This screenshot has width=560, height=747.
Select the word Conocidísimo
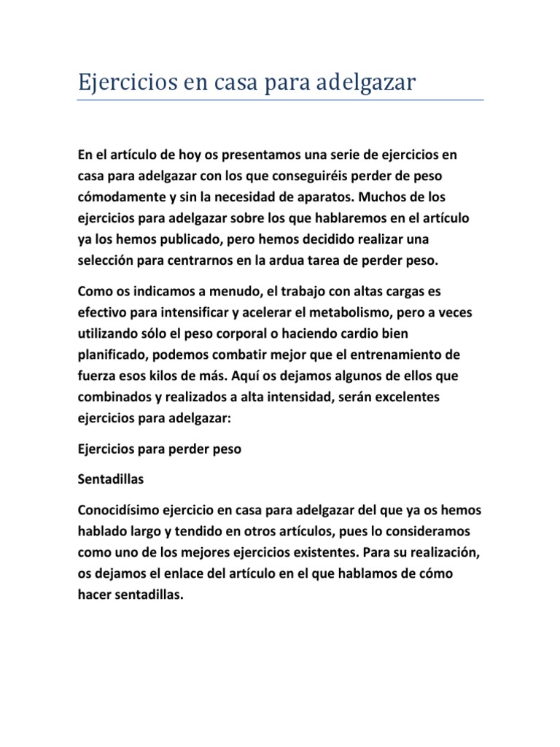click(x=120, y=508)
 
